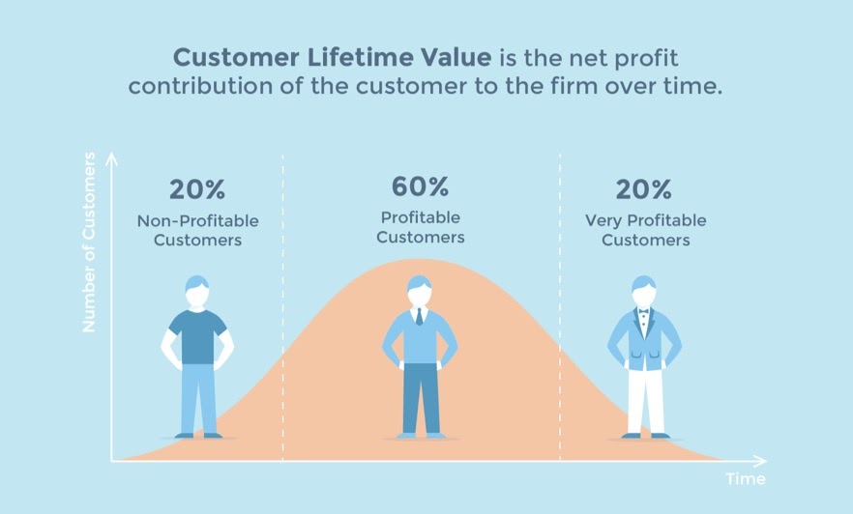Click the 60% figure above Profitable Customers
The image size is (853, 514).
(x=420, y=186)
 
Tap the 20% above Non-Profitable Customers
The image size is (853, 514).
(x=197, y=190)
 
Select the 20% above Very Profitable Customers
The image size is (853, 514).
(x=645, y=190)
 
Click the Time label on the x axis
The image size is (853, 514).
(x=746, y=479)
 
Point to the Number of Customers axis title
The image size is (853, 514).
(x=89, y=243)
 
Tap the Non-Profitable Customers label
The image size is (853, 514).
(x=197, y=230)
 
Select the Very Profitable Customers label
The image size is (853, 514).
(x=645, y=230)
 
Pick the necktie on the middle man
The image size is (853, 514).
(x=419, y=316)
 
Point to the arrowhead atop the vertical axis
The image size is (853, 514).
(x=111, y=157)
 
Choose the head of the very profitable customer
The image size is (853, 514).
(x=644, y=291)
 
